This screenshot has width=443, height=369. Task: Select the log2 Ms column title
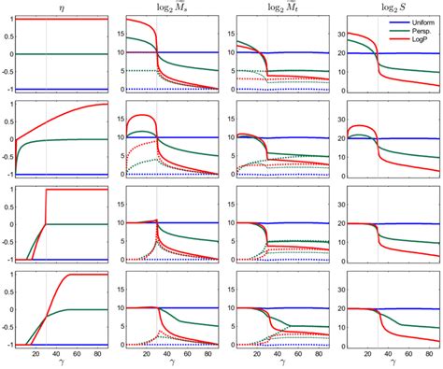(x=166, y=7)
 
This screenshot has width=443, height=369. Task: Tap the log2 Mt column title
(x=273, y=7)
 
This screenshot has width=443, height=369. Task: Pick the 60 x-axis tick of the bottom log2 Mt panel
(x=294, y=350)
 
